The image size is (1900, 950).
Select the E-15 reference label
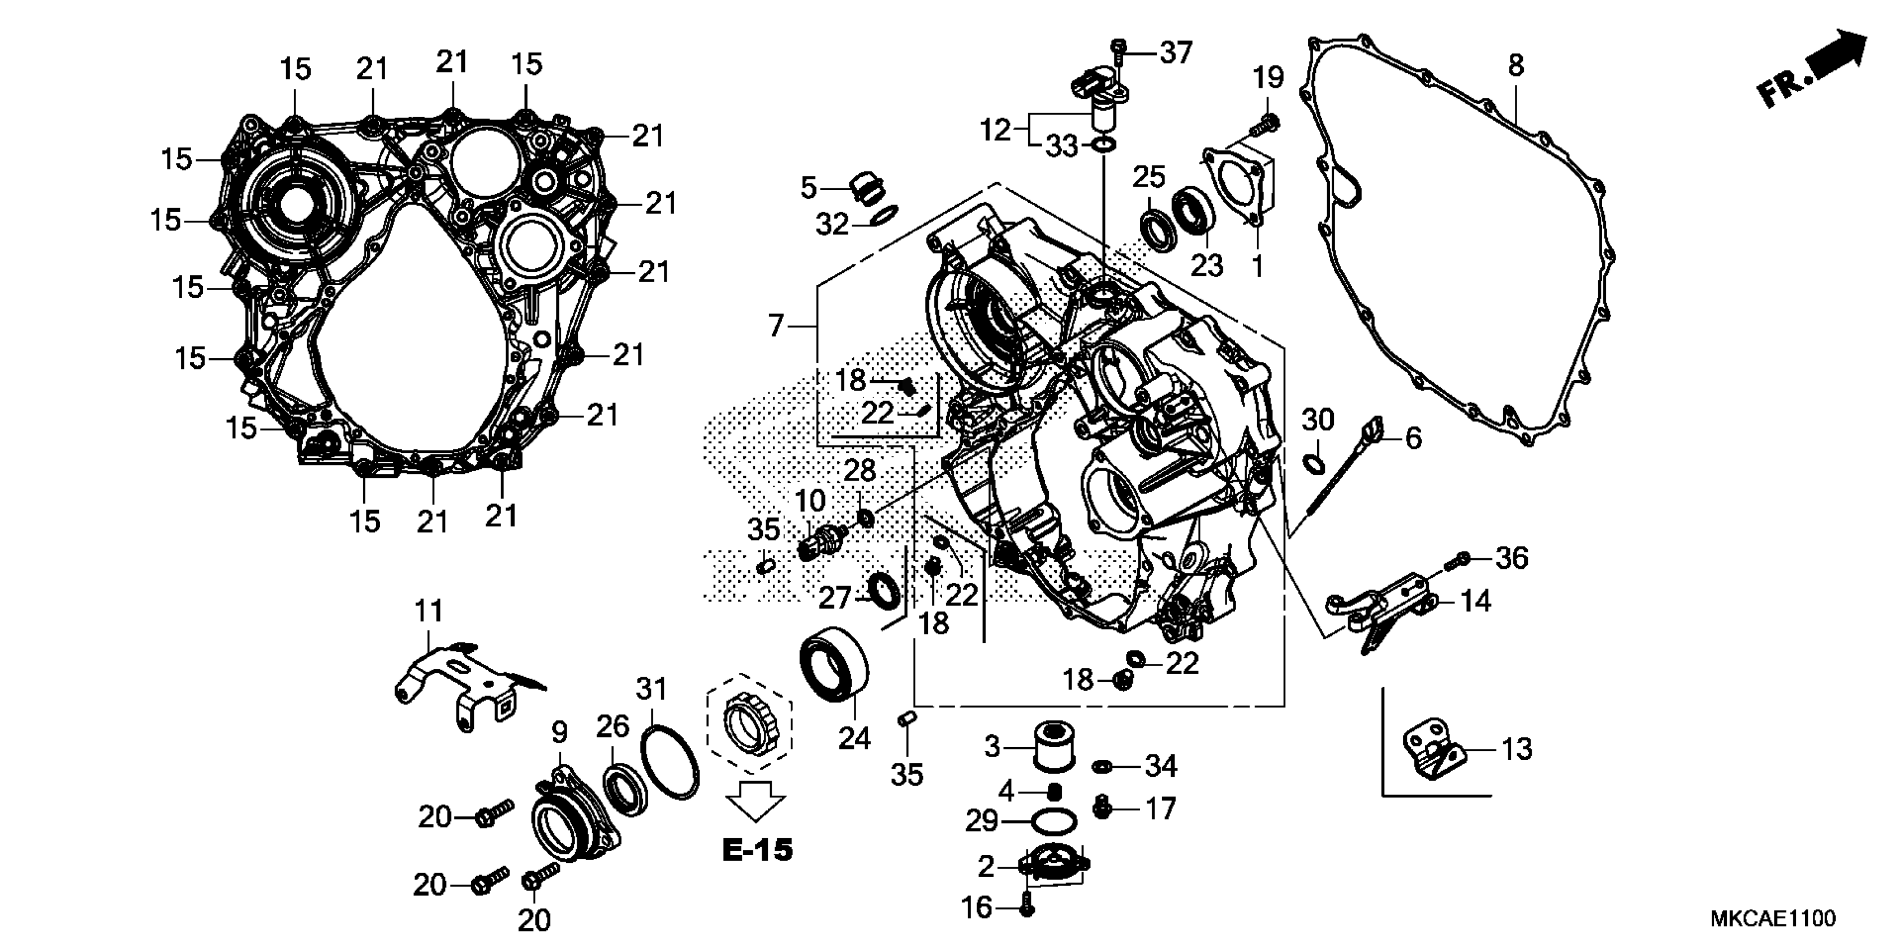[x=757, y=851]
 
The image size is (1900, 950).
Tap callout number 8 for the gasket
[x=1515, y=65]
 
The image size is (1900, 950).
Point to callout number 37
[x=1176, y=53]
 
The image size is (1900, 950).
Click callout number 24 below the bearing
[x=854, y=738]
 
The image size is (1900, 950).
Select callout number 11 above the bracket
[x=429, y=611]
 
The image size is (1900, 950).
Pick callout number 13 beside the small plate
[x=1517, y=749]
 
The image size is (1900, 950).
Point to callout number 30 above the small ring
[x=1317, y=420]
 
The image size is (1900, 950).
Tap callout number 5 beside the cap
[x=809, y=188]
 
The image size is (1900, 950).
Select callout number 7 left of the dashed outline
[x=775, y=325]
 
